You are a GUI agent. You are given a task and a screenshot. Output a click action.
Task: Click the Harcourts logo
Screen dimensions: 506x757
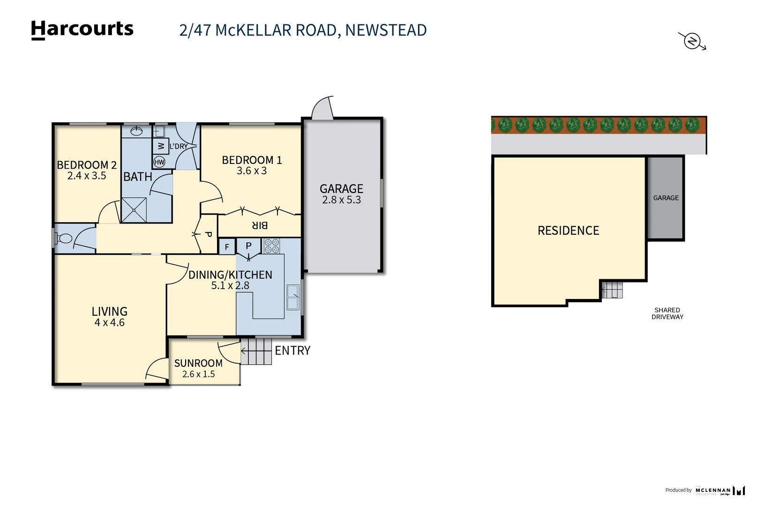pos(82,30)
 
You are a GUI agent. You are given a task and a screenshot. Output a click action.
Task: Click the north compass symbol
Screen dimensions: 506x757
pos(692,41)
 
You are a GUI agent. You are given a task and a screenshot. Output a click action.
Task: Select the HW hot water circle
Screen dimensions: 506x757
pos(159,162)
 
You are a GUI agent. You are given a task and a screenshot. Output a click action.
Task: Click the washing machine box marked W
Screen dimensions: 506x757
pos(160,146)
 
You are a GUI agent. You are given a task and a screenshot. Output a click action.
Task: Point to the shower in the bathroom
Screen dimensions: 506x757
pos(134,210)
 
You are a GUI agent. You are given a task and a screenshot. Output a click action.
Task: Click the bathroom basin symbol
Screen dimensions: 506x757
pos(136,131)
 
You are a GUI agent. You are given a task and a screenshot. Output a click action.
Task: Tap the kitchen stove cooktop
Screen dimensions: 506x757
pos(271,246)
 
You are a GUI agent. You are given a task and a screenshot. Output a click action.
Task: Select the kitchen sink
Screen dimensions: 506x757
pos(293,297)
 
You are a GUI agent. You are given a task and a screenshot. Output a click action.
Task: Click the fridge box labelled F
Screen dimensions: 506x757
pos(227,247)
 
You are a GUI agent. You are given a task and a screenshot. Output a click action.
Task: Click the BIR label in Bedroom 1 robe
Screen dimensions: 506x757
pos(260,225)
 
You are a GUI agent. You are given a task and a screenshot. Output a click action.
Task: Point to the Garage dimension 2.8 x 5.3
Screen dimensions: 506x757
pos(341,200)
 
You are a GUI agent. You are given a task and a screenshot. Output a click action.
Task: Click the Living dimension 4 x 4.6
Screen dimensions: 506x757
pos(109,323)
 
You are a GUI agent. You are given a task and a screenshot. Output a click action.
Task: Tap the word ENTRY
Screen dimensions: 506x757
pos(292,350)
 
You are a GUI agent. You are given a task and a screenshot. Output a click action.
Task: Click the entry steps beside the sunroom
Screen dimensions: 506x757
pos(256,351)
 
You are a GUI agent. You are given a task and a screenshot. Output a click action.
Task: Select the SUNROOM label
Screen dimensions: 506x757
pos(198,363)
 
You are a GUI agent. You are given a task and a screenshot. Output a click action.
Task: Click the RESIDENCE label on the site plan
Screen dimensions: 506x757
pos(568,231)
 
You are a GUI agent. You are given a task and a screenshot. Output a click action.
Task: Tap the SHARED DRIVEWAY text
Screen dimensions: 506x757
pos(667,313)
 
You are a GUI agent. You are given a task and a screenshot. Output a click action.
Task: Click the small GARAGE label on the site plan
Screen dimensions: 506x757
pos(666,198)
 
